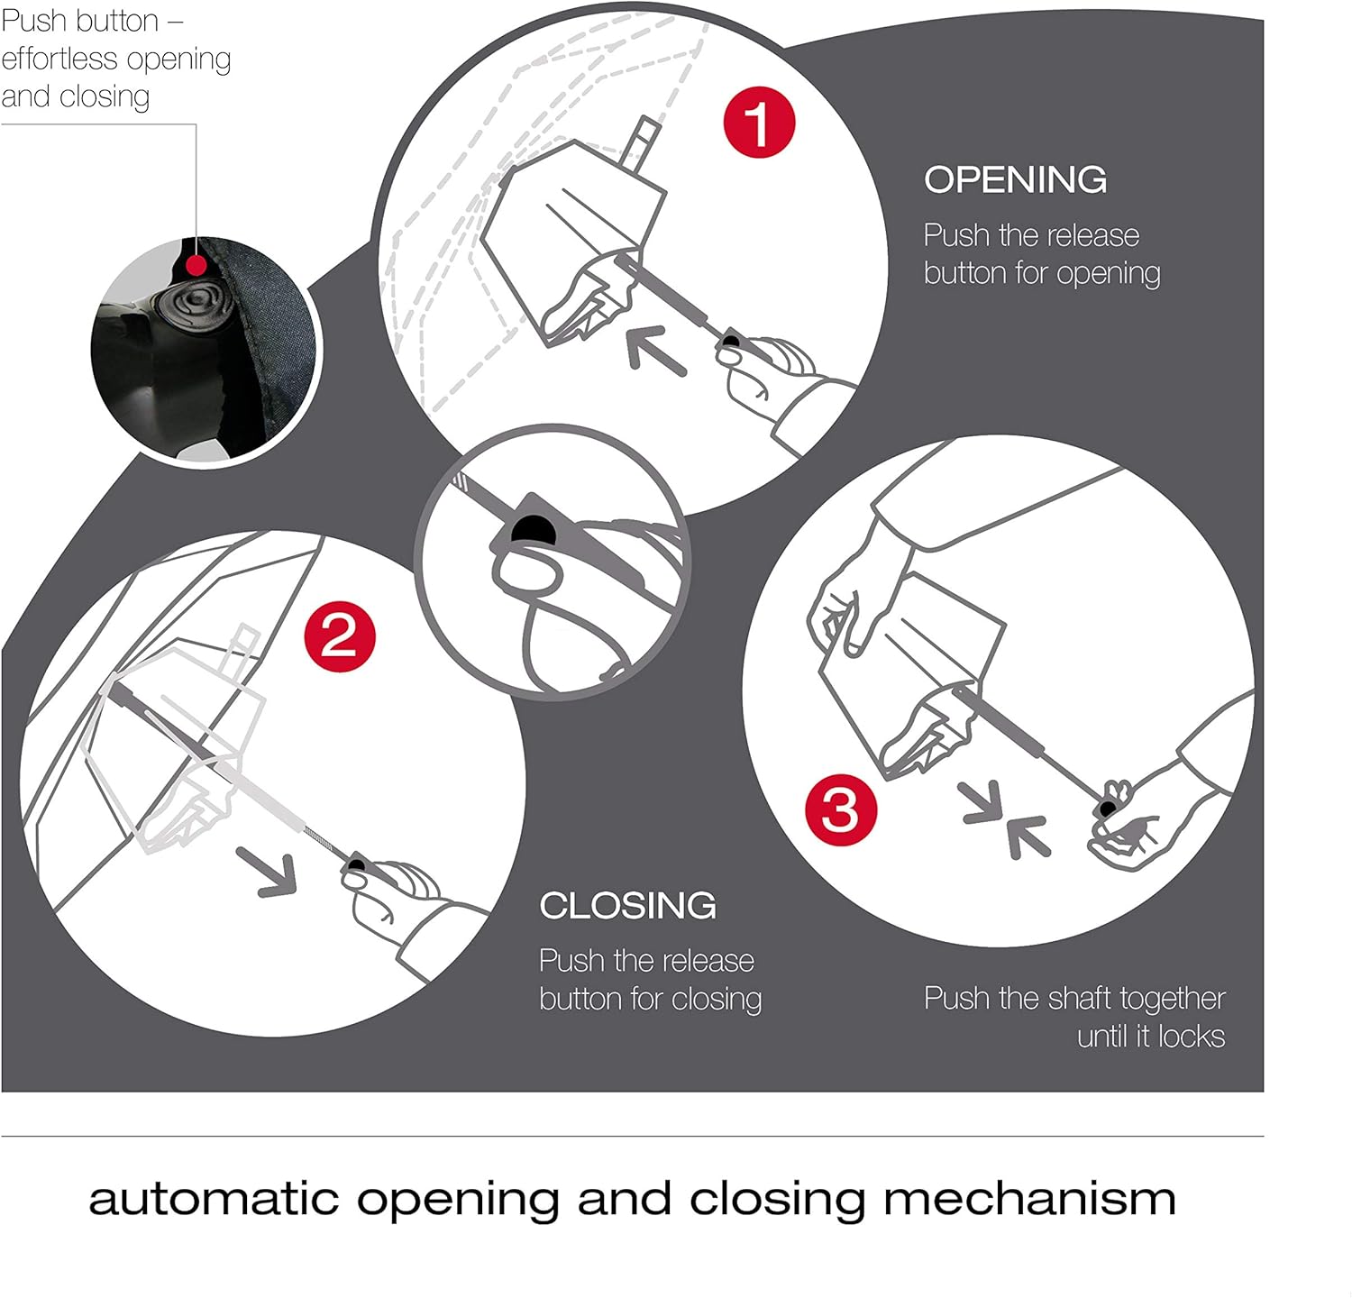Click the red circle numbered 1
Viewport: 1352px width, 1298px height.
[x=759, y=122]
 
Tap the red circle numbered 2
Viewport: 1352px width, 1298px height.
[x=340, y=637]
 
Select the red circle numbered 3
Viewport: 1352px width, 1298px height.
[x=840, y=809]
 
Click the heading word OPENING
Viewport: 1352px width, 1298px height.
[x=1015, y=179]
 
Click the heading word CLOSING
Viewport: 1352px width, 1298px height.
[x=627, y=905]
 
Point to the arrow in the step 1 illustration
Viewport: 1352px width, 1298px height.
[x=656, y=350]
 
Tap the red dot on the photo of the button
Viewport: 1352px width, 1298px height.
[x=195, y=265]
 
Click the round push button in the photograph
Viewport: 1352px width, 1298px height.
[x=193, y=306]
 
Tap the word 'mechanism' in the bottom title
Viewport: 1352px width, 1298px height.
[x=1029, y=1200]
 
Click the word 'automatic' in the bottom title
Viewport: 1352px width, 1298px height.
[x=214, y=1200]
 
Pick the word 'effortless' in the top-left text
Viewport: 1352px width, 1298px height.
[x=59, y=59]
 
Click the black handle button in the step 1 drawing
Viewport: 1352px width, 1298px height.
[x=731, y=342]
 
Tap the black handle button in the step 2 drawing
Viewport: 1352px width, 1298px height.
[x=356, y=866]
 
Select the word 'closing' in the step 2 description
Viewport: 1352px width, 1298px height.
[x=716, y=1000]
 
